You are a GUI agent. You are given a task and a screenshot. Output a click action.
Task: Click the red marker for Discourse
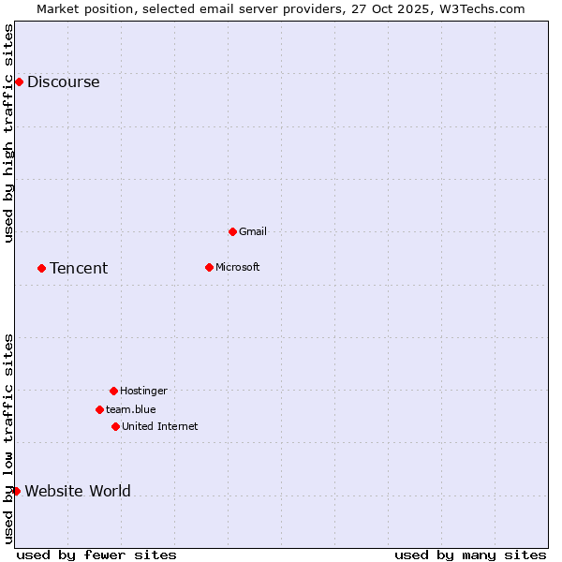pos(19,81)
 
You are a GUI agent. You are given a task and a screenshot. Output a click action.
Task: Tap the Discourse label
pos(63,81)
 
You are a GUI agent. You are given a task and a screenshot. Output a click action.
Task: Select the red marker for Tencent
pos(41,268)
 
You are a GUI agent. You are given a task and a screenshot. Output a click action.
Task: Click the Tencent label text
pos(79,269)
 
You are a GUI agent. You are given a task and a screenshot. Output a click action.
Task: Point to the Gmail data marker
pos(232,231)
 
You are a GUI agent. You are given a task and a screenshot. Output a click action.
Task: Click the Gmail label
pos(253,231)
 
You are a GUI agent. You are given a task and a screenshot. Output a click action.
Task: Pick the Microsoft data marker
pos(209,267)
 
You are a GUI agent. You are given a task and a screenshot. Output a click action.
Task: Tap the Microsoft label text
pos(238,267)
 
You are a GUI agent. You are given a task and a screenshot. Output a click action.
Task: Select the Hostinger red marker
pos(113,391)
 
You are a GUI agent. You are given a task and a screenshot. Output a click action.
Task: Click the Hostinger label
pos(143,391)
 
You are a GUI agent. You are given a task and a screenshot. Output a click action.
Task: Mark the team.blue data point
pos(99,409)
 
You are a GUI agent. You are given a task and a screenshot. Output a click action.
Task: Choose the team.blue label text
pos(131,409)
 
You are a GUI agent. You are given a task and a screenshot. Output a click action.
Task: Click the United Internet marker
pos(115,426)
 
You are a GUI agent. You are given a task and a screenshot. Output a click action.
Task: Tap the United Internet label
pos(160,426)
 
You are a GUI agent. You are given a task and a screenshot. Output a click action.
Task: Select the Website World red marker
pos(16,491)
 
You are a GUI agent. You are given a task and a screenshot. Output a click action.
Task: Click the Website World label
pos(78,491)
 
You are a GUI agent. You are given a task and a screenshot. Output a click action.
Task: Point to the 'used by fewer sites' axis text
pos(96,555)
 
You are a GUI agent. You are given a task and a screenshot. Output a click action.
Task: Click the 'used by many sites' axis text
pos(470,555)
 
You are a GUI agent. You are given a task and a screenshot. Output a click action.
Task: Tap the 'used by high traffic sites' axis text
pos(8,133)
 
